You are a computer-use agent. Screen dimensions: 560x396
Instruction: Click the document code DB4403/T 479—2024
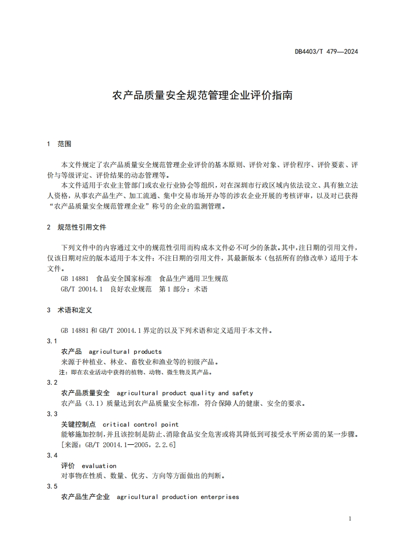(x=326, y=51)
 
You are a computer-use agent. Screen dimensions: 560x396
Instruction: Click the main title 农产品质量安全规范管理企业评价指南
(x=202, y=95)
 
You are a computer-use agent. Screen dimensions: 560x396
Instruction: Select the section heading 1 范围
(x=59, y=144)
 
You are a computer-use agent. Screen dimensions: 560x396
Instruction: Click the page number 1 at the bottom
(x=350, y=519)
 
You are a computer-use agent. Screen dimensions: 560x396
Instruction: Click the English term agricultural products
(x=125, y=351)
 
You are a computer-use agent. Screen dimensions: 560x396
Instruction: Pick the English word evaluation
(x=99, y=466)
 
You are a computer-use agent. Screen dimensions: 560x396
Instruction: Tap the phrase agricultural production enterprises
(x=178, y=497)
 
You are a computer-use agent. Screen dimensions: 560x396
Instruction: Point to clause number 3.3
(x=52, y=414)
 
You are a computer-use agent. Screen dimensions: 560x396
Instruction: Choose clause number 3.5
(x=52, y=487)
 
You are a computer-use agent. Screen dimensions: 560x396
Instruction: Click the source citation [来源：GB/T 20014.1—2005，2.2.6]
(x=118, y=444)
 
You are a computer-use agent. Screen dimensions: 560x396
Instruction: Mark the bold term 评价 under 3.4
(x=67, y=466)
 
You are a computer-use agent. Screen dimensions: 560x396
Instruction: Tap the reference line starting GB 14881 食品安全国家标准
(x=144, y=279)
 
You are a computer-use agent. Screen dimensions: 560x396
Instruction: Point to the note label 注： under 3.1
(x=63, y=372)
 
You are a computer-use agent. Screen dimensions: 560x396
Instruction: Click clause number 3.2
(x=52, y=382)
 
